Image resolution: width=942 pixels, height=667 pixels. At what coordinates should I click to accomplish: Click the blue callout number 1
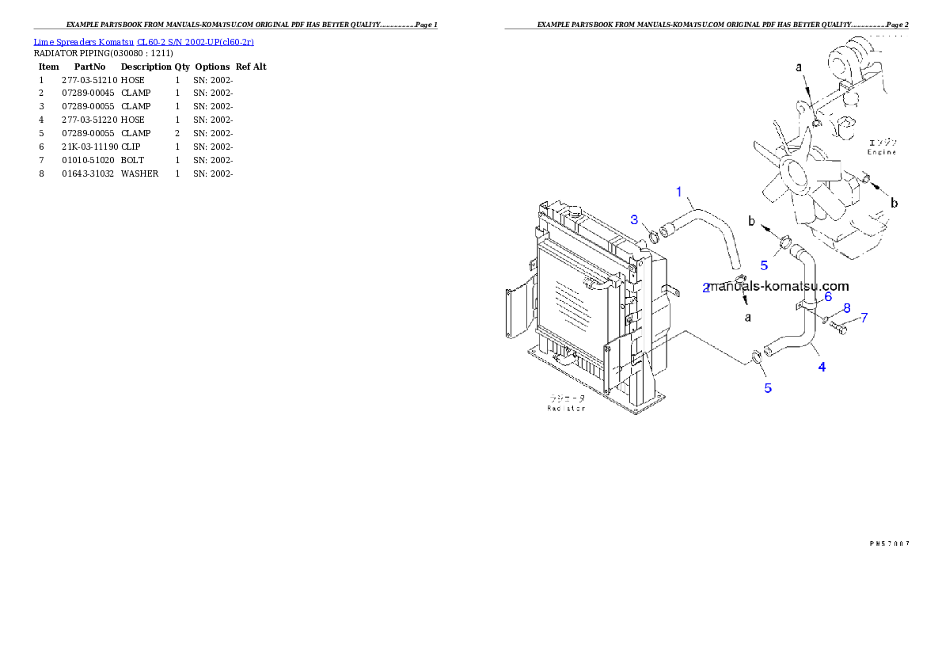pos(679,191)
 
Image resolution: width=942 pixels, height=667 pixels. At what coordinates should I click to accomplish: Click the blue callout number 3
pos(634,219)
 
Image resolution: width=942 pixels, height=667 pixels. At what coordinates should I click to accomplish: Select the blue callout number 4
pos(822,367)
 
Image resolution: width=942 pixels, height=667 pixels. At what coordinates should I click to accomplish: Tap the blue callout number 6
pos(828,296)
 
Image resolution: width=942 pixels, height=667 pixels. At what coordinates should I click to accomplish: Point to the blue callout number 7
pos(864,318)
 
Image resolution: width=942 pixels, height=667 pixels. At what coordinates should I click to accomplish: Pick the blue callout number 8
pos(846,307)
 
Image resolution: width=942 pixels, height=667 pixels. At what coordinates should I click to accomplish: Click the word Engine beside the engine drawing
pos(881,151)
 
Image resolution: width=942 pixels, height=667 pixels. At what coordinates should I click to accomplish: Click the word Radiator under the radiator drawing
pos(566,408)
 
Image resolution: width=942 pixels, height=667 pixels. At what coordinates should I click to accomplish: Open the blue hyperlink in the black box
pos(143,41)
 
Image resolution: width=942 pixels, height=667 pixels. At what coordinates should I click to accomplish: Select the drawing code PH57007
pos(889,543)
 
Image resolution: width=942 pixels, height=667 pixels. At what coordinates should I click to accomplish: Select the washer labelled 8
pos(825,318)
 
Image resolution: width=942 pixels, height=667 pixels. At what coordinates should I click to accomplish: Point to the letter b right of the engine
pos(895,204)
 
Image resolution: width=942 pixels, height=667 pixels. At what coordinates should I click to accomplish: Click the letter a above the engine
pos(799,68)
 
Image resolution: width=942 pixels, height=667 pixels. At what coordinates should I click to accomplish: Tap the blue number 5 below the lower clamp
pos(768,387)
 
